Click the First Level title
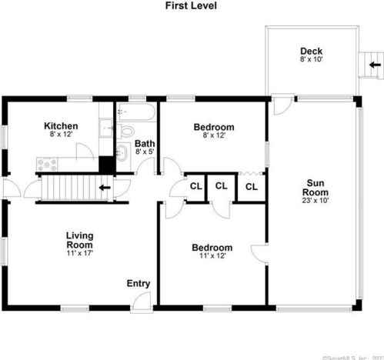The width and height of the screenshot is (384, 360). (x=191, y=6)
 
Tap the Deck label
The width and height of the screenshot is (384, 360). (x=312, y=52)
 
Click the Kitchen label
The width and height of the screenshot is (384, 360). (x=61, y=126)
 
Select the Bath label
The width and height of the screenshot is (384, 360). (x=145, y=143)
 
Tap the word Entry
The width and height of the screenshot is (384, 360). (x=139, y=284)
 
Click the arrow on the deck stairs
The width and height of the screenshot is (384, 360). (x=374, y=65)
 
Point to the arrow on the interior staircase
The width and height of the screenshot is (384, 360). (x=104, y=187)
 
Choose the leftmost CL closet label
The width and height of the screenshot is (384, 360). (x=195, y=186)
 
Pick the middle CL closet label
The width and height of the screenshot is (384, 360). (x=221, y=185)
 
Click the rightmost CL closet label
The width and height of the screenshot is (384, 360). (x=251, y=186)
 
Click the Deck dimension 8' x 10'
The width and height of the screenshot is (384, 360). (x=312, y=61)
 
